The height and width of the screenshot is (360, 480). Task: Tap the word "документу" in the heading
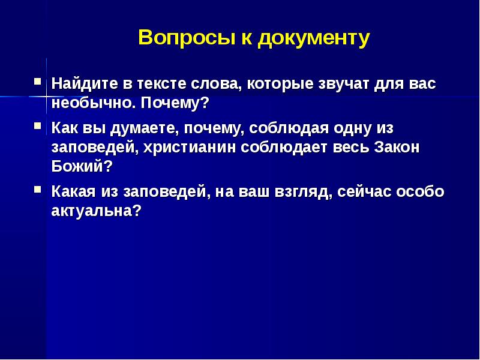(314, 38)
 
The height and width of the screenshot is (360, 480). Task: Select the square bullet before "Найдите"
(37, 80)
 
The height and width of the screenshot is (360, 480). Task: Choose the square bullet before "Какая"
(37, 189)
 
